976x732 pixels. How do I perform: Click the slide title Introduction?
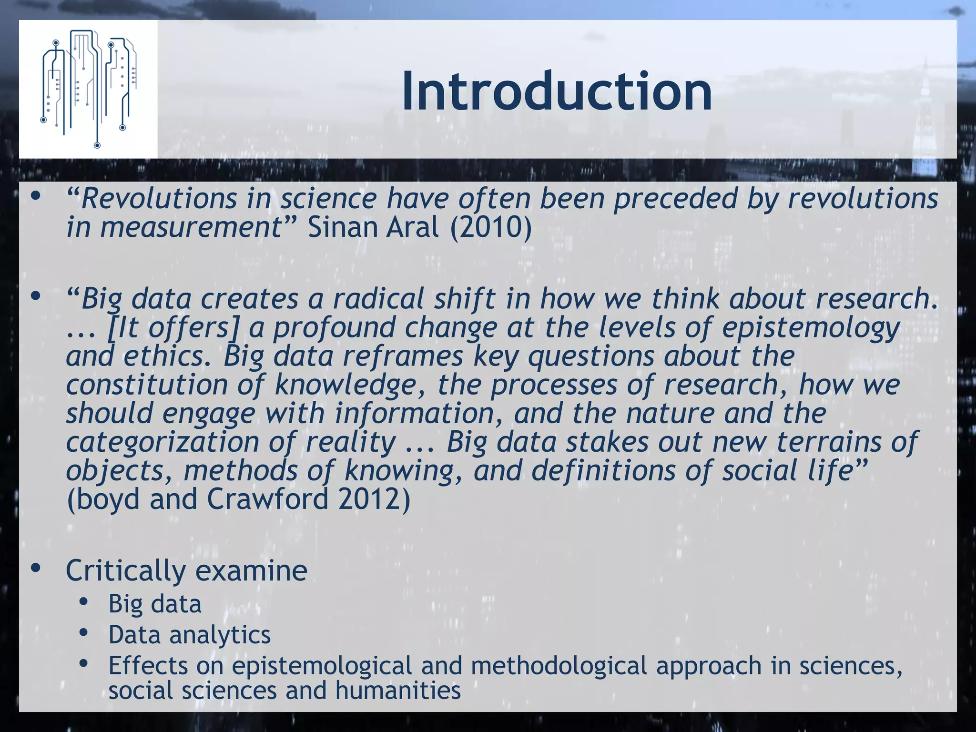[x=557, y=91]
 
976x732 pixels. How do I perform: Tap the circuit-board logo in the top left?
[x=88, y=89]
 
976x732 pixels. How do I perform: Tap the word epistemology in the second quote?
[x=811, y=328]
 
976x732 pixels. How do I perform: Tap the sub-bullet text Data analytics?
[x=189, y=635]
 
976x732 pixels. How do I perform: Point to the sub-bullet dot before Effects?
[x=84, y=663]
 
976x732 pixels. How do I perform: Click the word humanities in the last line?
[x=398, y=690]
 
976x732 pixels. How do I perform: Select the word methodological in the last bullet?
[x=559, y=665]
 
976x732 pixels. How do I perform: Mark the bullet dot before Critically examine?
[x=35, y=568]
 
